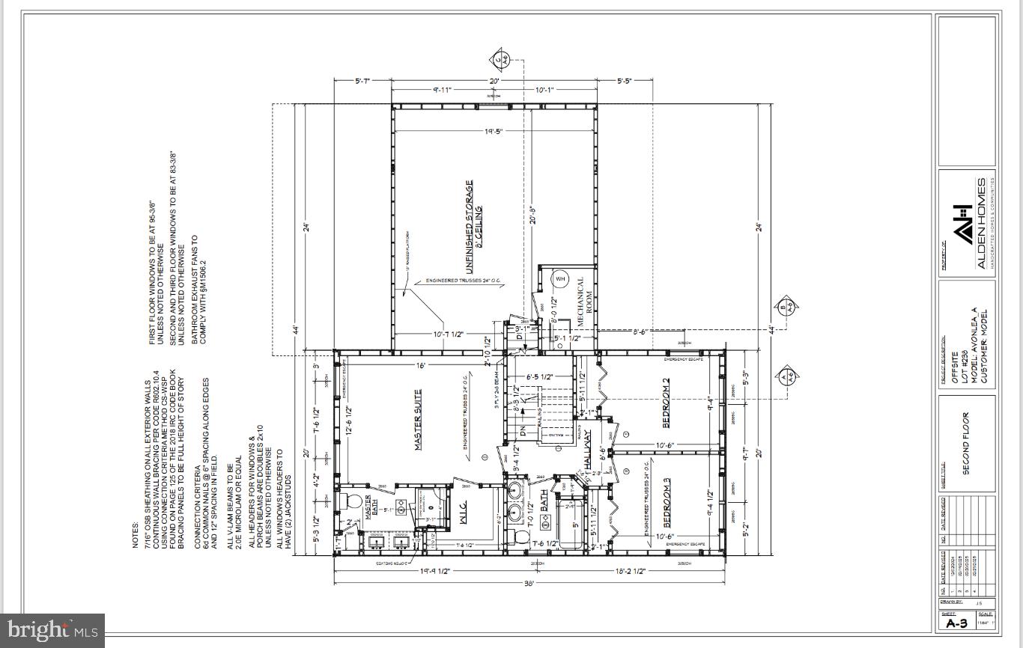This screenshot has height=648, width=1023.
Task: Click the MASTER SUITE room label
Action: pos(418,419)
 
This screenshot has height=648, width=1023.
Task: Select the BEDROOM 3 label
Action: pos(666,507)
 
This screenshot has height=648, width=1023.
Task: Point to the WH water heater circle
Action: pos(559,279)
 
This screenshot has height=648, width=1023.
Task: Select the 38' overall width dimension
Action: pos(529,583)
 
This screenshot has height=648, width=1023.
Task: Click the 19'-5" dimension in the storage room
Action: pos(493,132)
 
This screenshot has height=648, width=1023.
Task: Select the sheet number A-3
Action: pos(956,623)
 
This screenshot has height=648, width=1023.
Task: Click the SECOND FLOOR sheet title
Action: pos(966,443)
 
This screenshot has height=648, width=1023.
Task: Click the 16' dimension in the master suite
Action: pos(421,366)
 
